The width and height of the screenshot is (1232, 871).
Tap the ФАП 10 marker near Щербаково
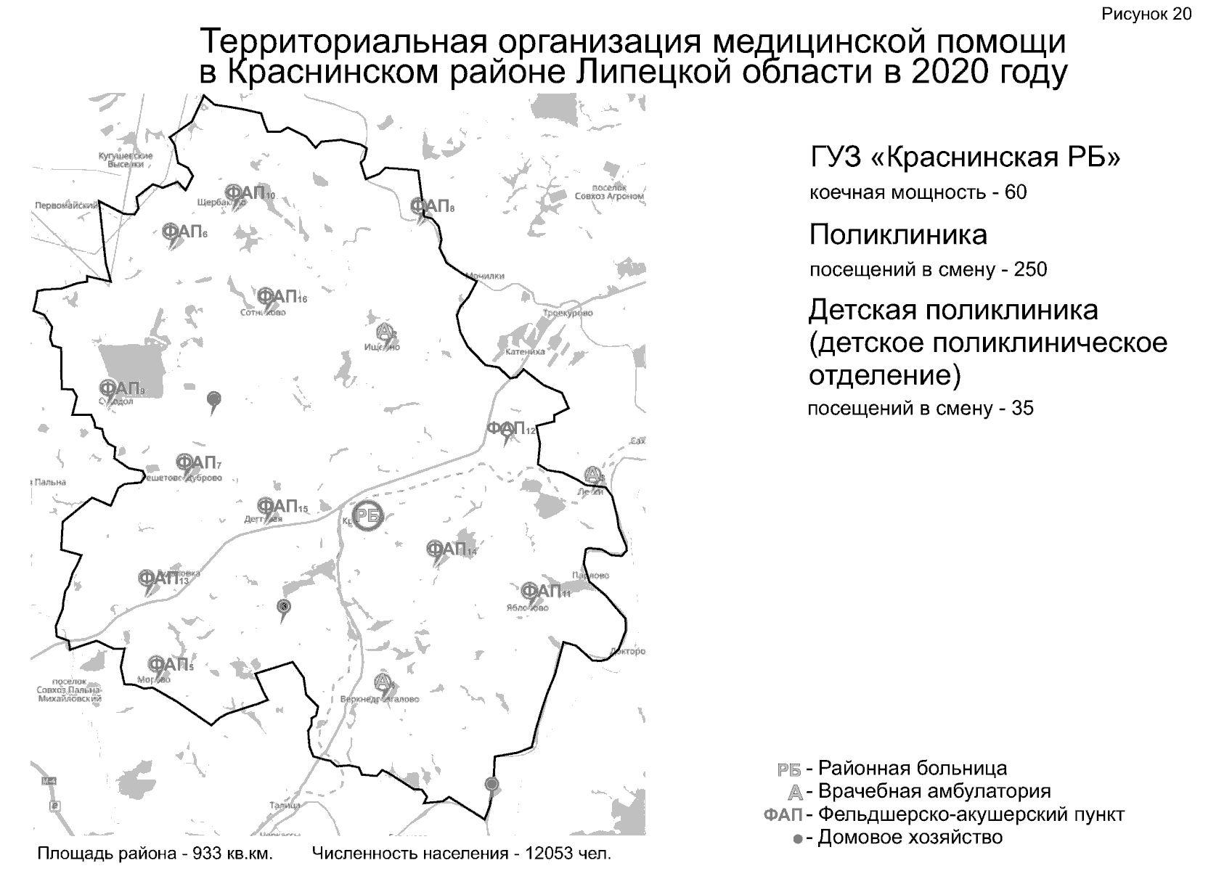pos(247,193)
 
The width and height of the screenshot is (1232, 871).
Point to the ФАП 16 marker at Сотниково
pos(278,297)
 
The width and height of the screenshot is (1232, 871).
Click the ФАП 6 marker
pos(181,232)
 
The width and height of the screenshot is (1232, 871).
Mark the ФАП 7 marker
pos(196,462)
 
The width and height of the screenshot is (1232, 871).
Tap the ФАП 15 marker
pos(278,506)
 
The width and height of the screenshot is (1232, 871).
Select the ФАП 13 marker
pos(159,578)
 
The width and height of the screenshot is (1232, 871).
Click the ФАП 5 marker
pos(168,665)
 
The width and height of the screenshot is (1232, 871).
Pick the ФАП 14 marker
pos(446,549)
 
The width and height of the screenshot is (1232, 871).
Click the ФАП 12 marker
pos(507,428)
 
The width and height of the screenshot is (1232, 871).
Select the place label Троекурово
pos(568,314)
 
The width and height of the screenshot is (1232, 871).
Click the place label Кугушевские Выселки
pos(126,160)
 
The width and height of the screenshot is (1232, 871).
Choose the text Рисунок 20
pos(1146,15)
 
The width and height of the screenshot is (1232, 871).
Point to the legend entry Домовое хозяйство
pos(910,838)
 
